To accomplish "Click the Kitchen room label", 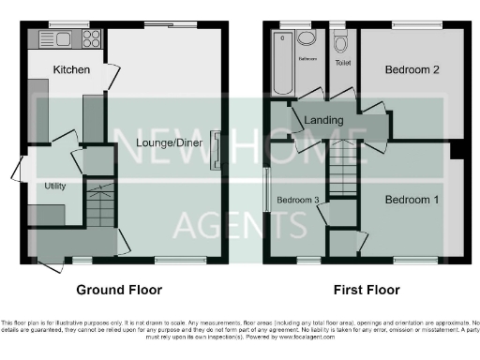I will click(x=71, y=69).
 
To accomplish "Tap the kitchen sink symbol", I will click(x=52, y=38).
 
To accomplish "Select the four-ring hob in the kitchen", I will click(x=92, y=38).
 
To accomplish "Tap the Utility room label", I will click(x=55, y=186).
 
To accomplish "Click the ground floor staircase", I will click(x=98, y=203).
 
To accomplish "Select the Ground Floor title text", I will click(x=119, y=290).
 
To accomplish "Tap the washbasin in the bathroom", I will click(x=310, y=40).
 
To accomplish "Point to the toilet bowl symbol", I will click(x=342, y=42).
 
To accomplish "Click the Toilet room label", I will click(x=343, y=63).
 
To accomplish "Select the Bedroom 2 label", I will click(x=412, y=69).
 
